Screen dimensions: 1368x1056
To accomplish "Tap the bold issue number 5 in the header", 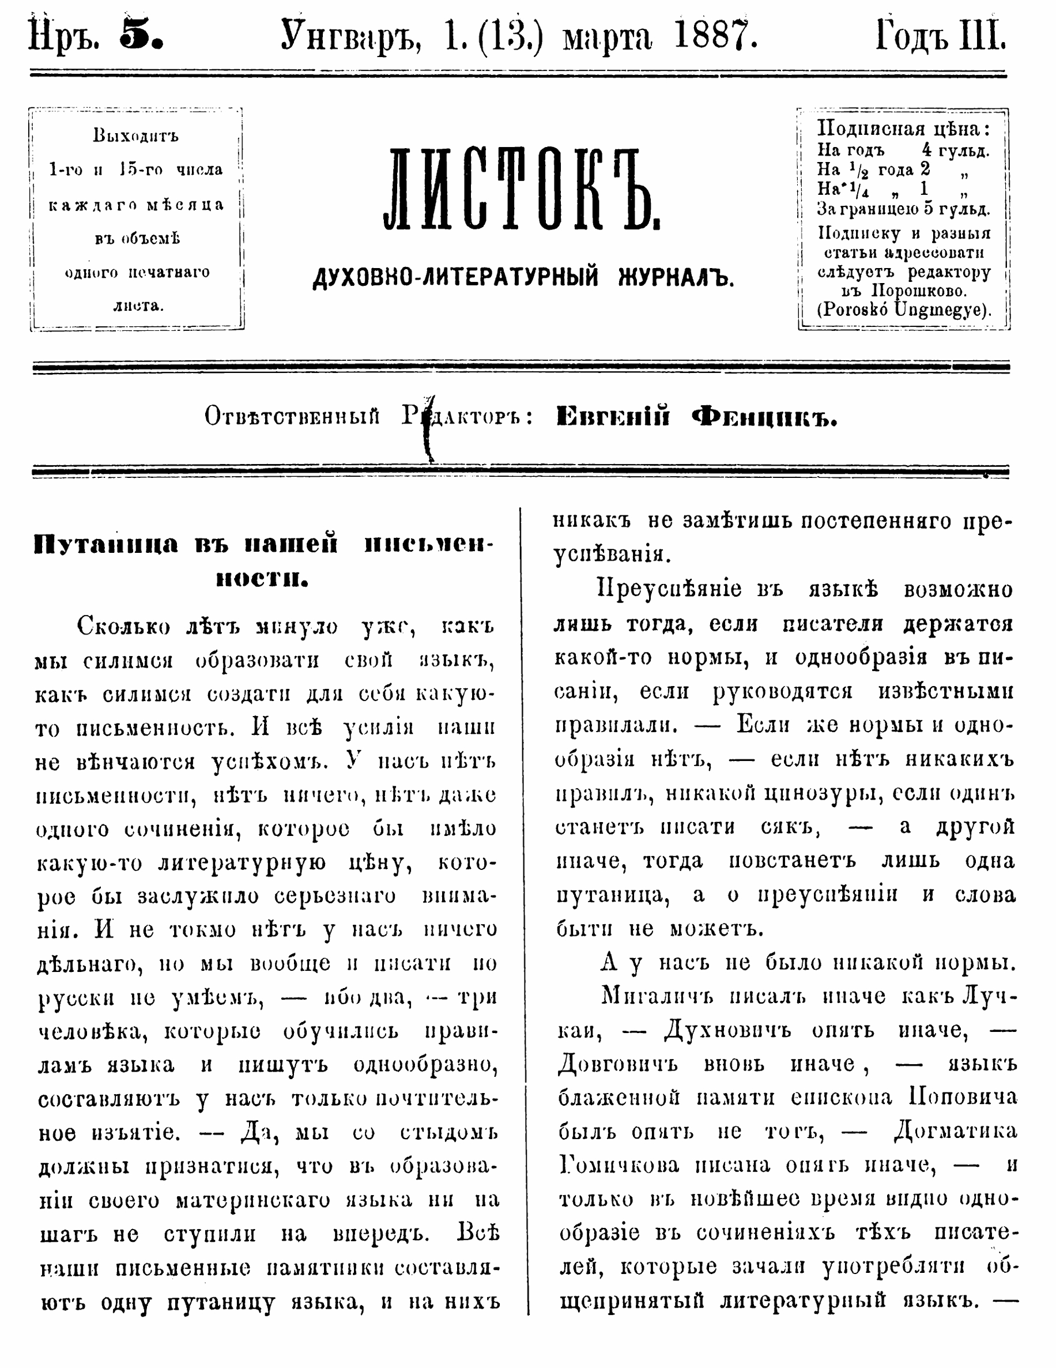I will (x=142, y=36).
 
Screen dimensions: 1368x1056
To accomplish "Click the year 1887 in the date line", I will (x=715, y=36).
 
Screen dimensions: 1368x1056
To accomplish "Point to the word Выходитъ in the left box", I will (x=136, y=135).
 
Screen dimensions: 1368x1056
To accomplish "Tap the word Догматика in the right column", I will (x=955, y=1131).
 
